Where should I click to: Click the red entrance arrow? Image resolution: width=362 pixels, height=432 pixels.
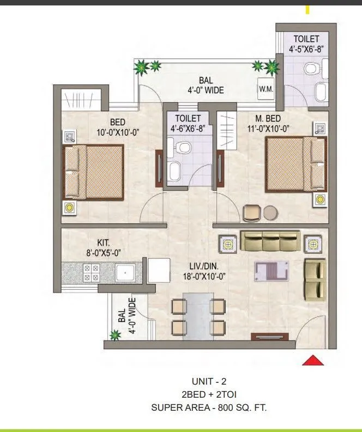[x=313, y=360]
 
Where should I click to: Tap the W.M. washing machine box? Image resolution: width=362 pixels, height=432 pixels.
[x=266, y=88]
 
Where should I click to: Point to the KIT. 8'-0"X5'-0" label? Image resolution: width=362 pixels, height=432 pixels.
[x=100, y=249]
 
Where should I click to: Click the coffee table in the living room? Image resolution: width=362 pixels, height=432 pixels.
[x=272, y=271]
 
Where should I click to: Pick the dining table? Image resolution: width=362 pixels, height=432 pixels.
[x=198, y=315]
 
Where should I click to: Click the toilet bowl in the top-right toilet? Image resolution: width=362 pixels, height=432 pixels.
[x=311, y=69]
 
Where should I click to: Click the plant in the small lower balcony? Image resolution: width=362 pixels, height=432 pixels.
[x=116, y=336]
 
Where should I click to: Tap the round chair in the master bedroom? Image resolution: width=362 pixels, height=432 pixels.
[x=271, y=212]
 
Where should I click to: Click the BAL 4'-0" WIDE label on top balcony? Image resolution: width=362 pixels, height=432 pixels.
[x=203, y=86]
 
